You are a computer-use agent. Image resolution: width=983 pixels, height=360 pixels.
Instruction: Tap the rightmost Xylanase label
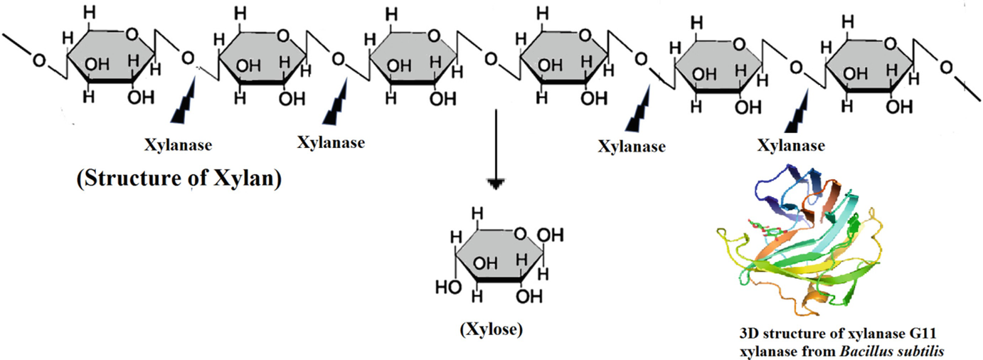pos(790,147)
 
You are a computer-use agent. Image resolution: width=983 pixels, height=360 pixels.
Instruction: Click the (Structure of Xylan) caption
pos(179,179)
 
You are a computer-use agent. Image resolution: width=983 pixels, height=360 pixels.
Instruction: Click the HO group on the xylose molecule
pos(446,288)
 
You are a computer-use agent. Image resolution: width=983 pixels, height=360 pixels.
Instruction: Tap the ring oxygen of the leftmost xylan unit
pos(132,33)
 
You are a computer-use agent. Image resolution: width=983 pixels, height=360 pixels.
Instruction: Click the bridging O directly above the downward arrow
pos(491,58)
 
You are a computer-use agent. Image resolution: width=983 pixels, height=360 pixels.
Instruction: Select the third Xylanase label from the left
pos(632,147)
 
